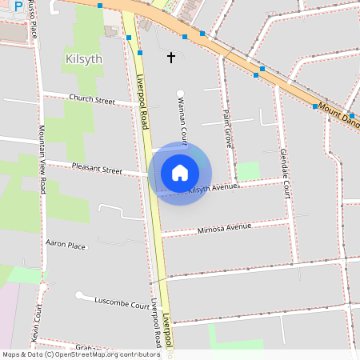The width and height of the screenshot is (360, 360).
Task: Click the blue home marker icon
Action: point(180,173)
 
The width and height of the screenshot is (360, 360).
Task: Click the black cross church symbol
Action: point(170,58)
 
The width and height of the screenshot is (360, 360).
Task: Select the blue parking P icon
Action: point(18,6)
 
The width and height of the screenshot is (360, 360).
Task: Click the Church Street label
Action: point(92,100)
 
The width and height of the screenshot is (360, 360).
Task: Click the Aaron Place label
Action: point(66,245)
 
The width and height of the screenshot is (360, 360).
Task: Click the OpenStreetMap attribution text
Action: point(80,354)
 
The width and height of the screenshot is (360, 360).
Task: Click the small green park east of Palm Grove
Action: point(249,170)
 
